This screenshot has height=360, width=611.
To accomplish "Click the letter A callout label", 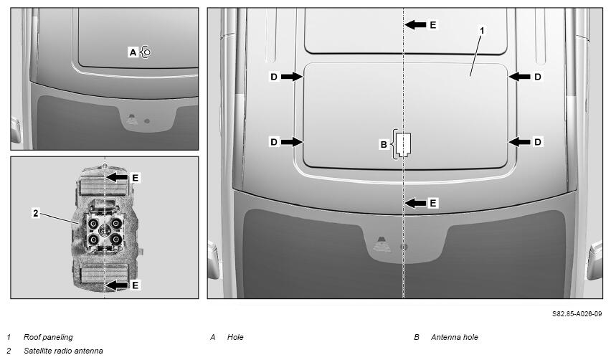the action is click(x=133, y=52).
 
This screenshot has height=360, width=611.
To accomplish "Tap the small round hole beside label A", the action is click(x=147, y=52).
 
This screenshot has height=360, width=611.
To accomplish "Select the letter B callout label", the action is click(x=384, y=145).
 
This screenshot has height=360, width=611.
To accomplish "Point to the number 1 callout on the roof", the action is click(x=482, y=30).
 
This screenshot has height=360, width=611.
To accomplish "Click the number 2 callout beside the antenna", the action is click(x=36, y=213).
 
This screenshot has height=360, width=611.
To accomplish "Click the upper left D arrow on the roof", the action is click(x=292, y=77).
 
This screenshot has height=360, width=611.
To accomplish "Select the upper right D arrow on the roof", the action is click(x=519, y=77).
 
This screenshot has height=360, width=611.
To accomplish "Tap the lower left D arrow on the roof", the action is click(x=292, y=142).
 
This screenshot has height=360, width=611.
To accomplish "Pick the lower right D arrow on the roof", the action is click(x=519, y=142).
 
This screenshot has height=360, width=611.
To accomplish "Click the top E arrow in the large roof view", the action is click(x=415, y=25).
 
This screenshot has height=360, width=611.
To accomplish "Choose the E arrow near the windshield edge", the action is click(x=415, y=203).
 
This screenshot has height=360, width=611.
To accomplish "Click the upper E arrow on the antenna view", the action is click(x=117, y=177).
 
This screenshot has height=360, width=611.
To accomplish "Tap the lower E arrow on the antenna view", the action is click(x=117, y=285).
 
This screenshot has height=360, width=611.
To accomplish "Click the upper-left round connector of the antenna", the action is click(x=93, y=224).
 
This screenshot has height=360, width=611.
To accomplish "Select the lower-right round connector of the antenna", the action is click(x=115, y=239).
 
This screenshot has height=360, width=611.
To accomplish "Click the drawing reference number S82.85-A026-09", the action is click(x=577, y=313).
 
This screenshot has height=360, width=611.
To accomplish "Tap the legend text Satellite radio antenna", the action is click(x=63, y=351).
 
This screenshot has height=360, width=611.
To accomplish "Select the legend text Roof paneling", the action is click(x=48, y=337).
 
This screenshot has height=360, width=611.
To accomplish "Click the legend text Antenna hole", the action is click(x=455, y=337).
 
